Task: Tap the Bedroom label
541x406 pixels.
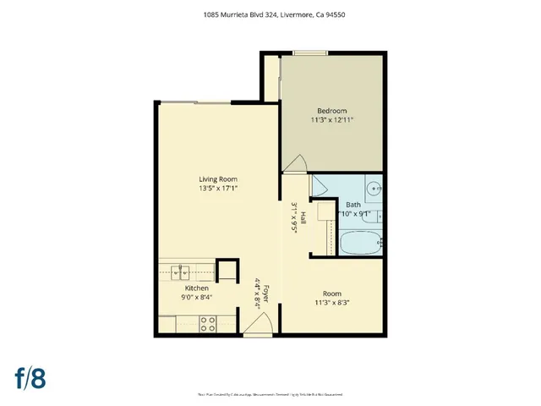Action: (331, 111)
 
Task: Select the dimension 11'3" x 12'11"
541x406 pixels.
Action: (331, 120)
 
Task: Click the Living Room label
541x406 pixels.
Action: (217, 179)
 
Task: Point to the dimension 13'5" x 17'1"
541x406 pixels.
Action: (217, 189)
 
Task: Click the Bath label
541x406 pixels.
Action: (353, 205)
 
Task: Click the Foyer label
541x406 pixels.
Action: (265, 294)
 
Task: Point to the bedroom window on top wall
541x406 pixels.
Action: (309, 54)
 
